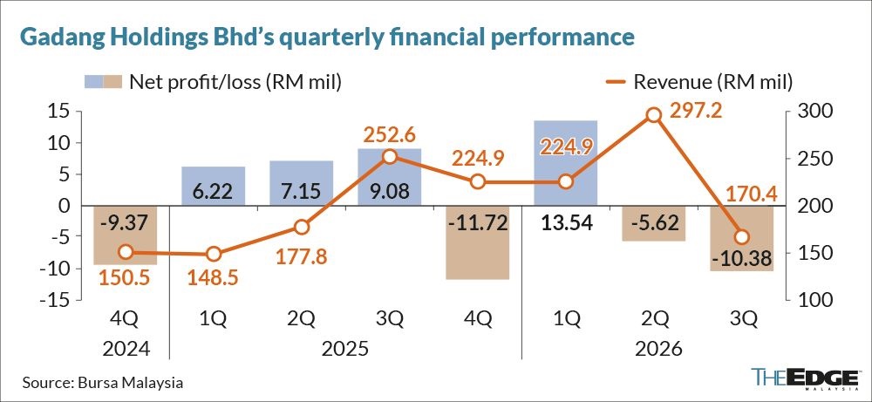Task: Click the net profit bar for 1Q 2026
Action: pos(566,162)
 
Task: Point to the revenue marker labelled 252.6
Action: pos(390,157)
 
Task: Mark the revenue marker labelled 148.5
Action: pos(214,254)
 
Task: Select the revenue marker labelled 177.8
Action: pos(302,227)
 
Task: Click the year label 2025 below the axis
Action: pos(345,351)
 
